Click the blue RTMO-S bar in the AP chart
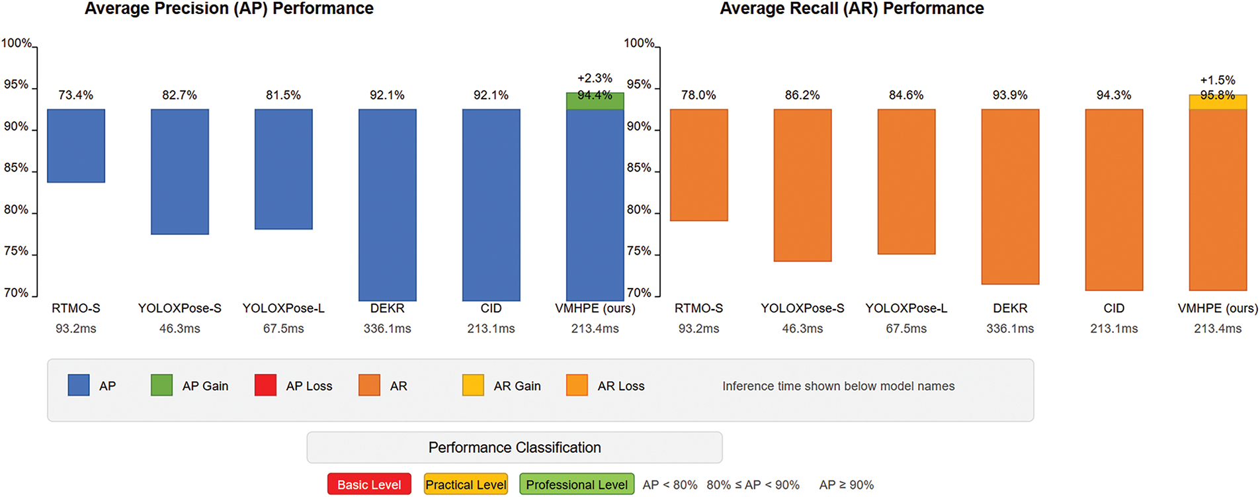pyautogui.click(x=76, y=146)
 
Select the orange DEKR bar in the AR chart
pyautogui.click(x=1010, y=197)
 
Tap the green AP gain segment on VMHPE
pyautogui.click(x=595, y=101)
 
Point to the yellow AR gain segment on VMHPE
pyautogui.click(x=1218, y=103)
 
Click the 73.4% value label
pyautogui.click(x=76, y=95)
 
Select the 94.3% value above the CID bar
pyautogui.click(x=1114, y=95)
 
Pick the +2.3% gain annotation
pyautogui.click(x=595, y=79)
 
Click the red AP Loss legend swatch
pyautogui.click(x=265, y=385)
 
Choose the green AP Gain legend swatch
pyautogui.click(x=161, y=385)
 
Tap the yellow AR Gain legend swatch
pyautogui.click(x=473, y=385)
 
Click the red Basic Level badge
pyautogui.click(x=369, y=484)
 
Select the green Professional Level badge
pyautogui.click(x=577, y=484)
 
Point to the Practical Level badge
pyautogui.click(x=466, y=484)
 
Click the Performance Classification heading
pyautogui.click(x=515, y=447)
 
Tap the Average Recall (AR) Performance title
pyautogui.click(x=852, y=9)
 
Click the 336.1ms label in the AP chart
pyautogui.click(x=387, y=328)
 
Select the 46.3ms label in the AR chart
pyautogui.click(x=802, y=328)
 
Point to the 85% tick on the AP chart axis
pyautogui.click(x=17, y=168)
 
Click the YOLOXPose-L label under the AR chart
pyautogui.click(x=906, y=308)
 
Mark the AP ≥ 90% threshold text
pyautogui.click(x=847, y=485)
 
